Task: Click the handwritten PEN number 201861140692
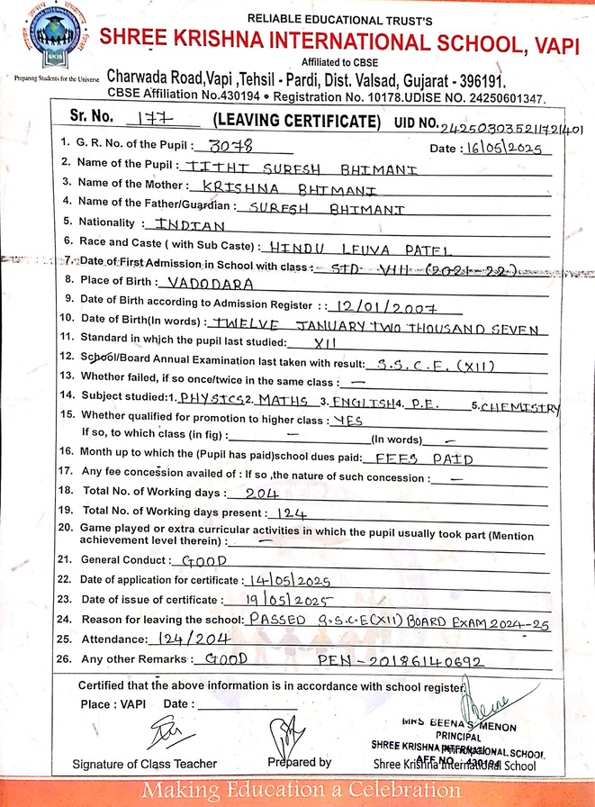(412, 660)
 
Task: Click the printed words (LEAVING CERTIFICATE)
(292, 121)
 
